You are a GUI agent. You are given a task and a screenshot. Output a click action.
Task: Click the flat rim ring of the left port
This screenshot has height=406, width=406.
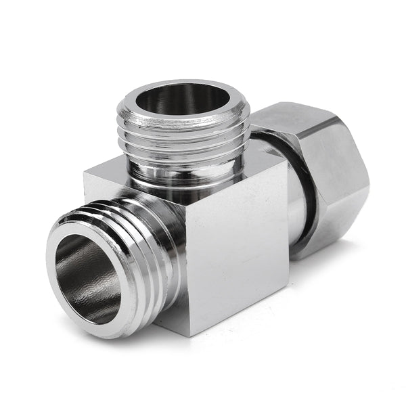tap(61, 291)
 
